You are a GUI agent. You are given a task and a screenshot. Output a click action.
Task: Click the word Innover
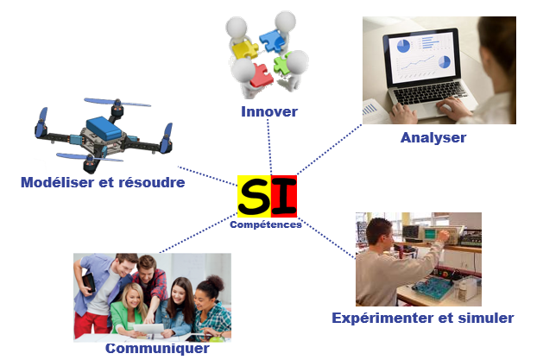[269, 112]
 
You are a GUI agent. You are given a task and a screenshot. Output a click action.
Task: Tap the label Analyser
[433, 138]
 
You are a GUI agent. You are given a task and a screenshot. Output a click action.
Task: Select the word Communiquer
[157, 348]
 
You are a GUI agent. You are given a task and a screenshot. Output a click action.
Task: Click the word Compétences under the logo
[266, 224]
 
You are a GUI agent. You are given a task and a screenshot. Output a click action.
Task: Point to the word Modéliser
[58, 182]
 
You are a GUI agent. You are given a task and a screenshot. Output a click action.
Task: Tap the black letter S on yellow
[254, 197]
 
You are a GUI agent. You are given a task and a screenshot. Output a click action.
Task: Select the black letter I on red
[284, 197]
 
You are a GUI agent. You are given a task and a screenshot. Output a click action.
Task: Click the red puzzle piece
[262, 75]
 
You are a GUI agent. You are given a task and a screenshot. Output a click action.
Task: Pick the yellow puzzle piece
[245, 49]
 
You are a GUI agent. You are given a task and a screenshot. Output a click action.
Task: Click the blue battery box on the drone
[104, 128]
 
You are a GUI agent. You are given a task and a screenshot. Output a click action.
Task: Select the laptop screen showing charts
[421, 56]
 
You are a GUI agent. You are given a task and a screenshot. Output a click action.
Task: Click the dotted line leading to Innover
[269, 147]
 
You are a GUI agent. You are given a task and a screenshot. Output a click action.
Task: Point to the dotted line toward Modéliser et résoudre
[207, 176]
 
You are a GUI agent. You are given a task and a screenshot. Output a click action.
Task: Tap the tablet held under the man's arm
[89, 282]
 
